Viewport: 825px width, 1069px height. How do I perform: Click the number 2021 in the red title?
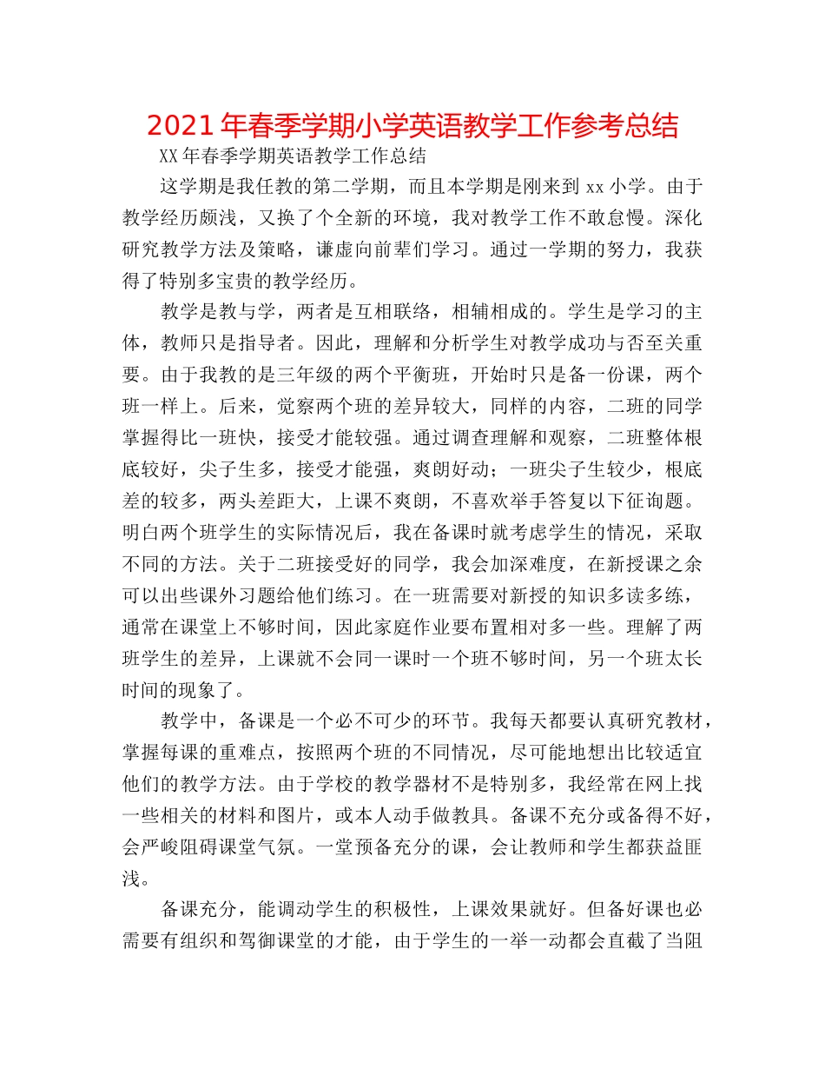(180, 126)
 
